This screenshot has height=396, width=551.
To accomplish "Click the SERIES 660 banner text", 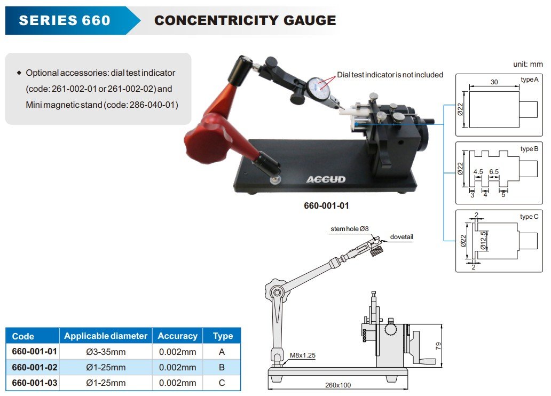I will (x=65, y=21).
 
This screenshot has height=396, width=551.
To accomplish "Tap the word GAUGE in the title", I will (x=311, y=21).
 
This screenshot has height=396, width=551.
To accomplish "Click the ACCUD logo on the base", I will (x=326, y=179).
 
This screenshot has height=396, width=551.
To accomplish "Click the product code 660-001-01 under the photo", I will (x=326, y=205).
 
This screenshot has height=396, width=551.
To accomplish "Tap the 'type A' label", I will (x=529, y=80).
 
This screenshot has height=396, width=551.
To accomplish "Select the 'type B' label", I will (x=529, y=149).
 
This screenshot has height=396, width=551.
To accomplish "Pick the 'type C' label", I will (x=529, y=217).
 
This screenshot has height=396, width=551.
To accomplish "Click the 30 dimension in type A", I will (x=493, y=82).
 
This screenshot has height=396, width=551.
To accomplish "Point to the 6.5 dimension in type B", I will (x=494, y=172).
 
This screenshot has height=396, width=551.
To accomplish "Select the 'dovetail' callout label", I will (x=402, y=237).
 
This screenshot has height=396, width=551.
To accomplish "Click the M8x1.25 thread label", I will (x=302, y=354).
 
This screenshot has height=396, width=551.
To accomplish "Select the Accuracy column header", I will (x=177, y=336).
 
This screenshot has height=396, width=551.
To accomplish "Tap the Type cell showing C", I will (x=222, y=383).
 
